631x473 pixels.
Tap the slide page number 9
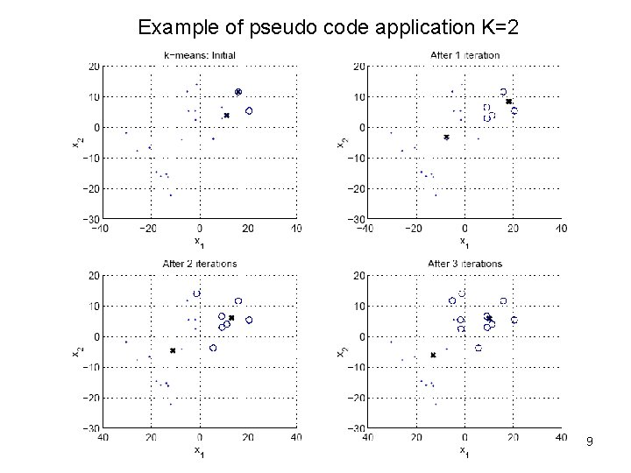click(590, 442)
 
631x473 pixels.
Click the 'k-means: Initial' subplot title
click(200, 55)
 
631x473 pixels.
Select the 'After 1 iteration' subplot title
click(465, 55)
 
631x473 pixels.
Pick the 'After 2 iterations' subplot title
click(200, 263)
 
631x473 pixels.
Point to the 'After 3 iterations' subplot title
click(465, 263)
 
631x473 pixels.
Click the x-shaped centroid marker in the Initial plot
click(226, 116)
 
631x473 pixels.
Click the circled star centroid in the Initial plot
click(238, 92)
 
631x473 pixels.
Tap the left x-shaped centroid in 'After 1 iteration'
click(446, 138)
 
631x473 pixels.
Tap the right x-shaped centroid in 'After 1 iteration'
click(508, 102)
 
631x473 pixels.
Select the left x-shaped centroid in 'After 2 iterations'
click(173, 350)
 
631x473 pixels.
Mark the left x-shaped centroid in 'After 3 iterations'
click(433, 355)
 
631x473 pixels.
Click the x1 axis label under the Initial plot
click(199, 242)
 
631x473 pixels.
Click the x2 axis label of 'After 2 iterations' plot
click(76, 350)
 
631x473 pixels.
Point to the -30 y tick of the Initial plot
click(91, 218)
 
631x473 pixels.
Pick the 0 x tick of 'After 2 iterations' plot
click(200, 437)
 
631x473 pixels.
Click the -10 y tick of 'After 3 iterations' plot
click(356, 367)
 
